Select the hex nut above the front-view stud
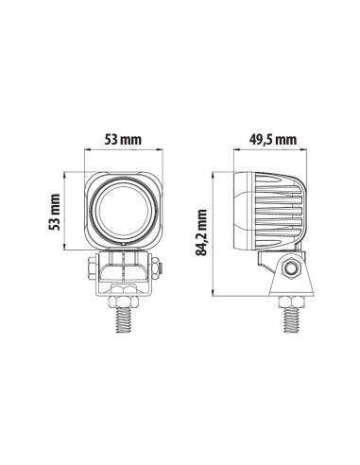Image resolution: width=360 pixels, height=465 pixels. (x=123, y=301)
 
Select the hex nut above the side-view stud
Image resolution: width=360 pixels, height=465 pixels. (x=291, y=301)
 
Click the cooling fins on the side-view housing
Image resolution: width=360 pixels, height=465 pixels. (x=283, y=212)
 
